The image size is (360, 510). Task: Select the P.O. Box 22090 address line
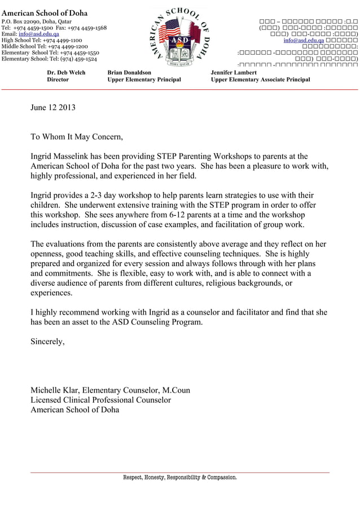tap(37, 21)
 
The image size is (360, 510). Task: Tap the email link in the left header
tap(39, 34)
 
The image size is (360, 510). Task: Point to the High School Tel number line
tap(42, 40)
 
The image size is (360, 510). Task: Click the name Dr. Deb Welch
tap(66, 72)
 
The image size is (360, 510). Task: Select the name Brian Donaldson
tap(129, 72)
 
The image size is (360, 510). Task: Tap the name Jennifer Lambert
tap(234, 72)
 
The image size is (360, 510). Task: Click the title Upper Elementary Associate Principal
tap(260, 80)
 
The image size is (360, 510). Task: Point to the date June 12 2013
tap(52, 107)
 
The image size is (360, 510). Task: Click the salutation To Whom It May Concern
tap(76, 137)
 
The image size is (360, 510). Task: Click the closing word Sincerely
tap(47, 342)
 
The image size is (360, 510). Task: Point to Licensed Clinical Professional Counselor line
tap(100, 400)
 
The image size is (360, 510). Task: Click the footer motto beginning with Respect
tap(180, 477)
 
